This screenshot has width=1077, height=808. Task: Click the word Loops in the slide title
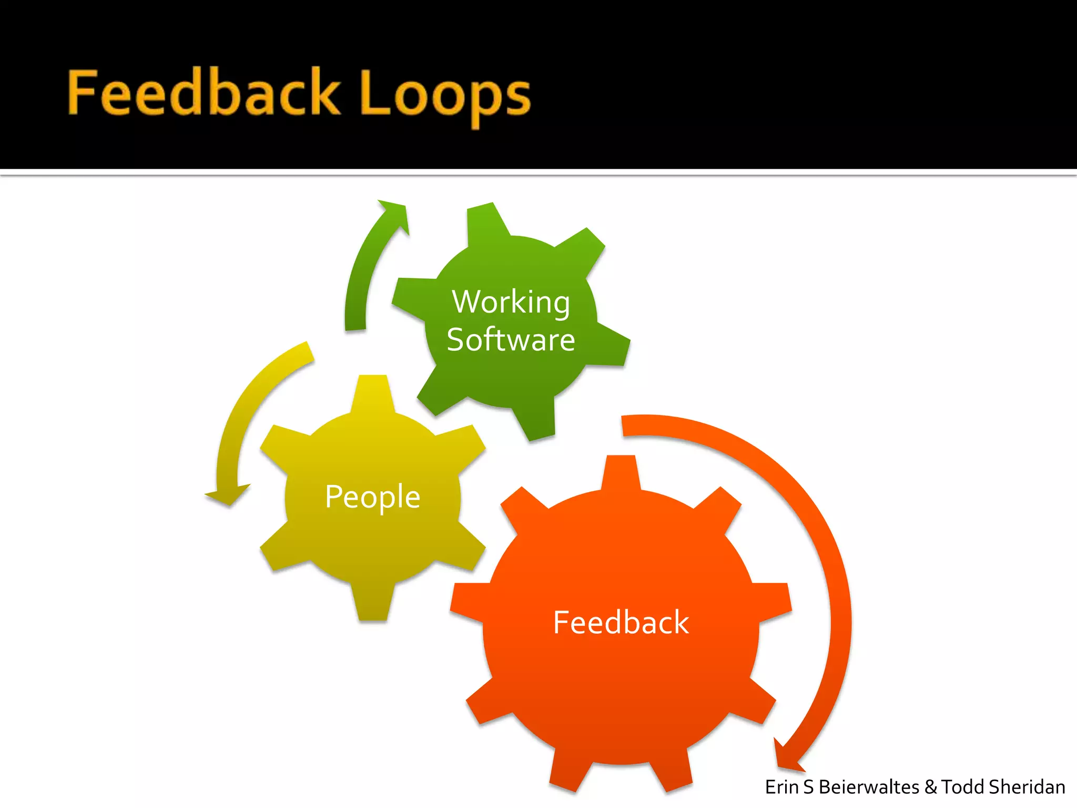coord(446,95)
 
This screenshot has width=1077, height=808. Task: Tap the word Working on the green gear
coord(511,302)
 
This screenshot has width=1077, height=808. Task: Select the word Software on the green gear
coord(511,340)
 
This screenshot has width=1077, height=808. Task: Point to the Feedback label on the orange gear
coord(621,622)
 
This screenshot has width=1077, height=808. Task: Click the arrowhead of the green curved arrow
coord(394,213)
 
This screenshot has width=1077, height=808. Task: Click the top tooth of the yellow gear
coord(372,392)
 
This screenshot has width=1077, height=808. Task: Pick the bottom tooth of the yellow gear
coord(372,605)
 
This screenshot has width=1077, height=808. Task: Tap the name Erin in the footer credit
coord(783,787)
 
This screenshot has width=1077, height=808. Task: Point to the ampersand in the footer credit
coord(930,787)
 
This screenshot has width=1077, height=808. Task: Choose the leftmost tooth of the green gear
coord(408,297)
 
